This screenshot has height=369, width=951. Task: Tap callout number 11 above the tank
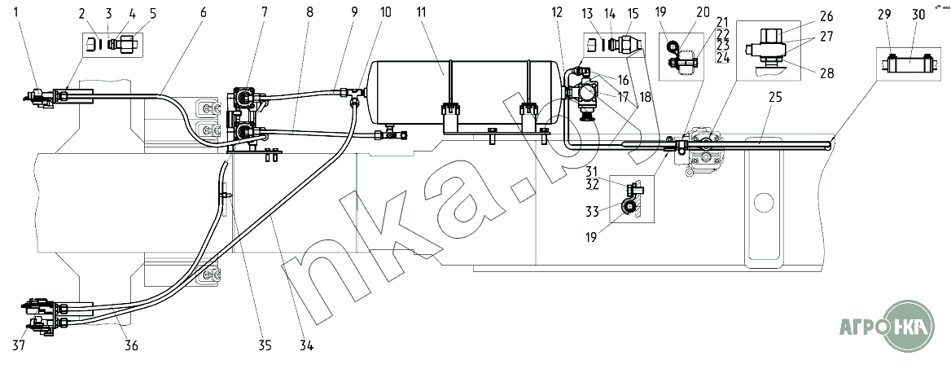tap(443, 13)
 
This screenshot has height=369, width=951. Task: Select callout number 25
tap(775, 98)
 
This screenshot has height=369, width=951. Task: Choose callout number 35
tap(265, 345)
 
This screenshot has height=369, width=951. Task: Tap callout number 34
tap(305, 345)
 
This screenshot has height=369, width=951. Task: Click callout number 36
tap(131, 345)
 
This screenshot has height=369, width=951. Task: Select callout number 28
tap(826, 72)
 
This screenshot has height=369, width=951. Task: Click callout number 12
tap(556, 13)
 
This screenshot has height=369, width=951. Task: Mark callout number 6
tap(204, 13)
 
